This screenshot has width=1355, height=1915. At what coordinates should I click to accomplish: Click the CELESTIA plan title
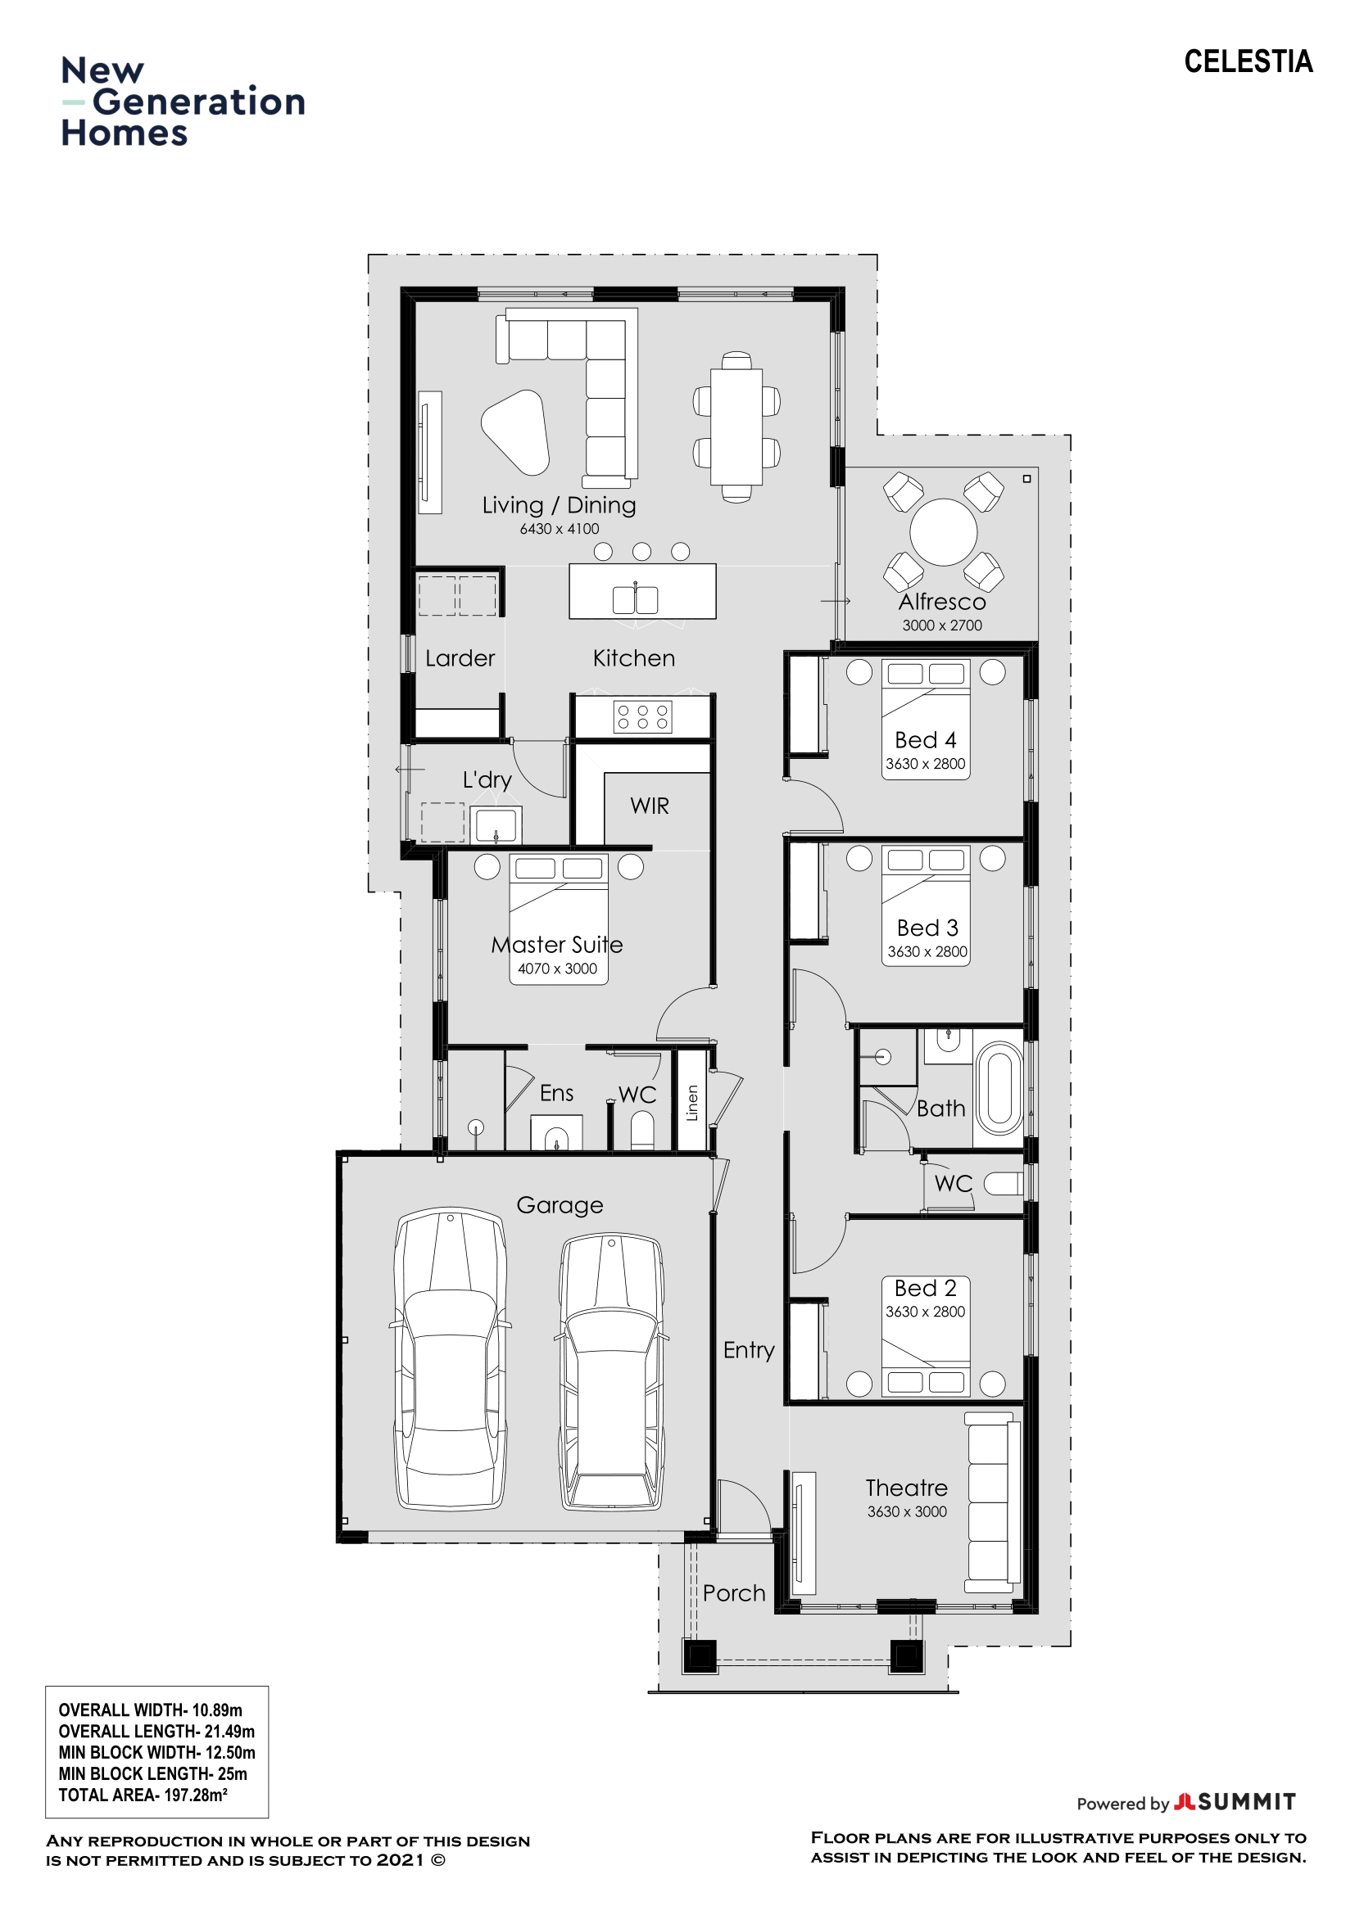(x=1248, y=61)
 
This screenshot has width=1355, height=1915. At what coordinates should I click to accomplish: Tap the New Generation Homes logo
(x=182, y=102)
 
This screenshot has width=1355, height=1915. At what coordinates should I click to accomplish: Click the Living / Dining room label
(x=558, y=504)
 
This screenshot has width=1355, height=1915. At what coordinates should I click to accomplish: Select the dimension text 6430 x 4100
(x=559, y=529)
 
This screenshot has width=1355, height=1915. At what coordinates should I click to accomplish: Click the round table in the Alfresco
(x=943, y=532)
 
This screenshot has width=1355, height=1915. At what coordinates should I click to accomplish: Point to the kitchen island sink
(x=635, y=598)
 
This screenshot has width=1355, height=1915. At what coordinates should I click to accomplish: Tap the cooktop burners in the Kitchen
(x=641, y=716)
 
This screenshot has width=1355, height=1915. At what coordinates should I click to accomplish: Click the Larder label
(x=460, y=658)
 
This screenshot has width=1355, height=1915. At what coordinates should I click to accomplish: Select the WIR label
(x=649, y=806)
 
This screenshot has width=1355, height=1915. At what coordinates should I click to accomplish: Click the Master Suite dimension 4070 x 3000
(x=557, y=969)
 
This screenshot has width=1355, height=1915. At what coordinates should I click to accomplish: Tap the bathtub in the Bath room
(x=999, y=1086)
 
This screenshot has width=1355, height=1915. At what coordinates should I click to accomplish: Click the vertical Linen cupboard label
(x=691, y=1103)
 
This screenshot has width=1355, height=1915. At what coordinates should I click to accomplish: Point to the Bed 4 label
(x=924, y=740)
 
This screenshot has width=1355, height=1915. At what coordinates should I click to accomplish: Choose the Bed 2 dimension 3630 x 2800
(x=924, y=1311)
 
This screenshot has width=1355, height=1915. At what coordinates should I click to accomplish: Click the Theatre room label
(x=906, y=1488)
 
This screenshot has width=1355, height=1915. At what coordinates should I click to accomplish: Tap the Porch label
(x=733, y=1593)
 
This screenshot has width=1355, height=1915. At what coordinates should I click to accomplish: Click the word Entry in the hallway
(x=749, y=1349)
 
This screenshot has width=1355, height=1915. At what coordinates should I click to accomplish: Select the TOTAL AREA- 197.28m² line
(x=143, y=1795)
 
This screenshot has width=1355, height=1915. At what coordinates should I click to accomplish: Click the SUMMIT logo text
(x=1246, y=1801)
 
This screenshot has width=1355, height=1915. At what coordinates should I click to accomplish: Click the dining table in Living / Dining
(x=736, y=427)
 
